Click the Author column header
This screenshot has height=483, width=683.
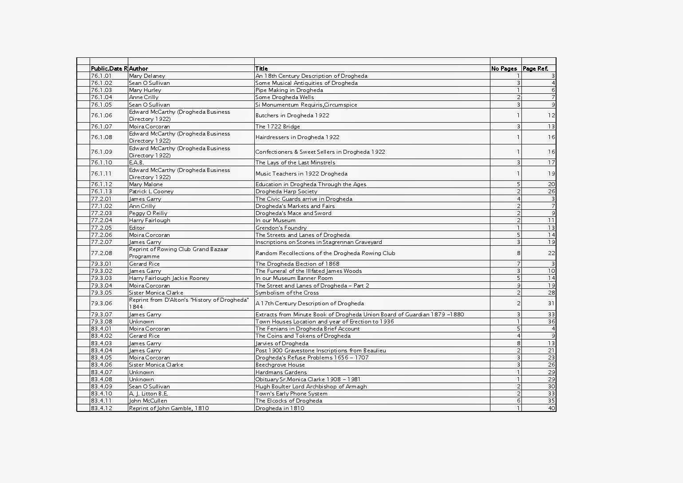[x=138, y=68]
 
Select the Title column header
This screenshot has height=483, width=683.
[x=261, y=68]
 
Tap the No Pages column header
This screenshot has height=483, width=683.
[x=504, y=68]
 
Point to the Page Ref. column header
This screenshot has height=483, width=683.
[x=535, y=68]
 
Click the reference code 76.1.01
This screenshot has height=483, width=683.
[x=102, y=76]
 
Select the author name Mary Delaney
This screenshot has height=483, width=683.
[x=147, y=76]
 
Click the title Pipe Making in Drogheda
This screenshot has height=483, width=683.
[x=289, y=90]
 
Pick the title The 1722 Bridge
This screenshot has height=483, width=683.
[x=277, y=127]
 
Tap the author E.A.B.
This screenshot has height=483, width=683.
[x=136, y=163]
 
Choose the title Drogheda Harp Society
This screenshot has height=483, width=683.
[x=286, y=192]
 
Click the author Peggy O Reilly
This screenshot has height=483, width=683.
[x=148, y=213]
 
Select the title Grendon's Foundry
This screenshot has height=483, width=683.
[x=281, y=228]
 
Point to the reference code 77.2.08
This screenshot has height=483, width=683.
[x=102, y=253]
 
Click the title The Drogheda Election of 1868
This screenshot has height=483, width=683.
[x=297, y=264]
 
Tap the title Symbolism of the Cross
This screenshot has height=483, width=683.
[x=287, y=293]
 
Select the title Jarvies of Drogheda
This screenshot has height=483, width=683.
[x=282, y=343]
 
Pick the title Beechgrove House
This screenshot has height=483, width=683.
[x=280, y=365]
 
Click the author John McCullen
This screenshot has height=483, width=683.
[x=148, y=401]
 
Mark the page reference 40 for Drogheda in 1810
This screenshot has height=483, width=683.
[x=551, y=408]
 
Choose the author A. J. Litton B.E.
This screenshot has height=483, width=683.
[x=148, y=394]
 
